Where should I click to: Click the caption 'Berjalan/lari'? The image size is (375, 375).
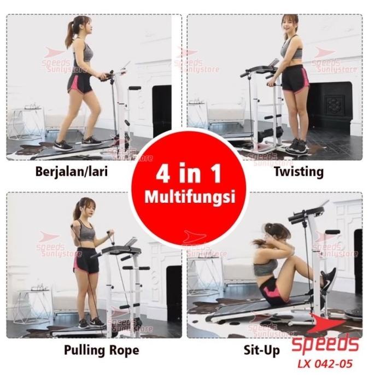pos(71,172)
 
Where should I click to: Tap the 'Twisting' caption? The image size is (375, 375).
pos(299,172)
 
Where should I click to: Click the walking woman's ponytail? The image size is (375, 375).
pos(69,34)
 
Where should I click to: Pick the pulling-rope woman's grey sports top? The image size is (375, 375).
pos(87,232)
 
